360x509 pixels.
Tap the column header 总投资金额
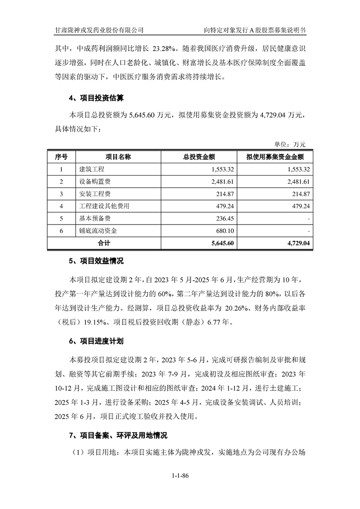click(199, 157)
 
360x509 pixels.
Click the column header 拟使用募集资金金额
click(275, 157)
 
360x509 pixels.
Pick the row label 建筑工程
click(92, 169)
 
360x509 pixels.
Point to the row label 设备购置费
click(95, 181)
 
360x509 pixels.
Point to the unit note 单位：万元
click(290, 144)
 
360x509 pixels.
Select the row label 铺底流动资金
click(98, 230)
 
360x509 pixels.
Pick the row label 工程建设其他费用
click(104, 206)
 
